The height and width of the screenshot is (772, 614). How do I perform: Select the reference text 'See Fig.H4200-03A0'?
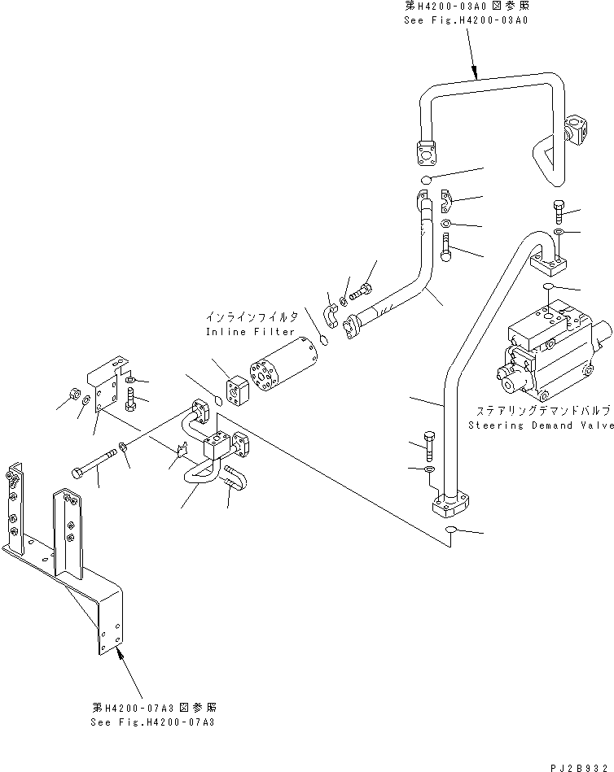[465, 20]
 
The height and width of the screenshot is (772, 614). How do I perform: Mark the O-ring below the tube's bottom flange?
[450, 532]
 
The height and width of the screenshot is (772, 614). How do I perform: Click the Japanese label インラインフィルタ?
[250, 316]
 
